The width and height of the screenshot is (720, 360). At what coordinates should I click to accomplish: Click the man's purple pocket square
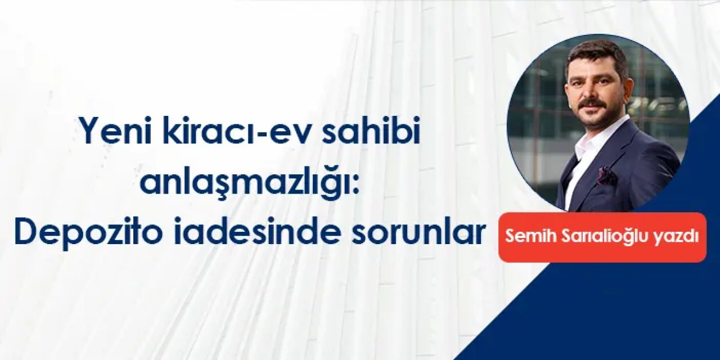coord(607,177)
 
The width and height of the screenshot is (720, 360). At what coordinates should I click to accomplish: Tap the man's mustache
coord(593,103)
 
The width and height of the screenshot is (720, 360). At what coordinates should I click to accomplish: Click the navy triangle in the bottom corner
coord(647,315)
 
